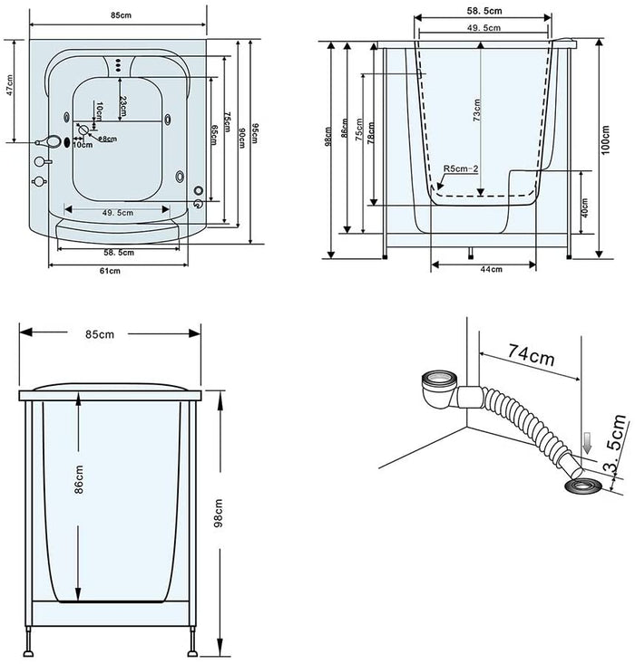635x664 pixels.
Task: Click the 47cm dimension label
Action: (x=10, y=91)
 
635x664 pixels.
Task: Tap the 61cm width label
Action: (x=110, y=270)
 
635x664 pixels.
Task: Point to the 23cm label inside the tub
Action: (x=123, y=106)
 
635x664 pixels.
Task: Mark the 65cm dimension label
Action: (x=214, y=131)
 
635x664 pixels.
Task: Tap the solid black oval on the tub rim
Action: (x=67, y=144)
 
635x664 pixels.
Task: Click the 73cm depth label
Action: (x=477, y=110)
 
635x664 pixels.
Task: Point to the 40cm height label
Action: (x=585, y=208)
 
